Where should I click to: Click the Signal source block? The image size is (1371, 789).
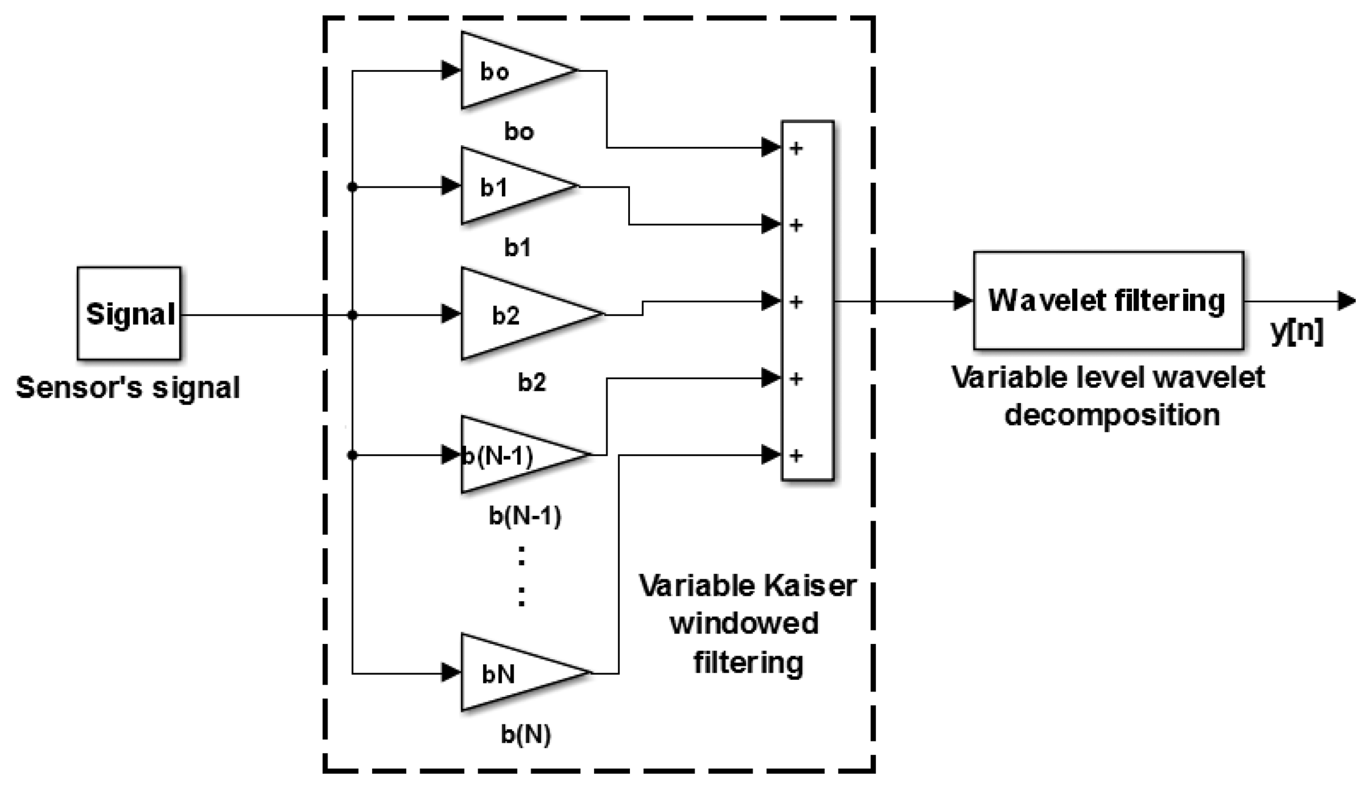point(129,313)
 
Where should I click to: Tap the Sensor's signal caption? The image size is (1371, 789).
point(128,388)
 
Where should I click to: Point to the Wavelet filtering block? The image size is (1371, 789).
point(1108,301)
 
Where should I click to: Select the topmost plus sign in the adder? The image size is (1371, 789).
point(796,148)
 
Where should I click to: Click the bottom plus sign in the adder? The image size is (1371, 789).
point(796,455)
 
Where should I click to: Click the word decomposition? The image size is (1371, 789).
point(1112,415)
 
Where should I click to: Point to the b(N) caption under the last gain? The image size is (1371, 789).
point(526,735)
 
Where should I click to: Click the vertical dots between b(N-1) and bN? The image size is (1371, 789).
point(521,576)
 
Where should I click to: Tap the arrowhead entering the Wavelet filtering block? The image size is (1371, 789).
point(962,301)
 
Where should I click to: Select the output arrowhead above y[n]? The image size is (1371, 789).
point(1346,301)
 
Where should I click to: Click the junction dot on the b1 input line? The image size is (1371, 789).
point(352,187)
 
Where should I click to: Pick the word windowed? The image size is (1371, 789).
point(744,624)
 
